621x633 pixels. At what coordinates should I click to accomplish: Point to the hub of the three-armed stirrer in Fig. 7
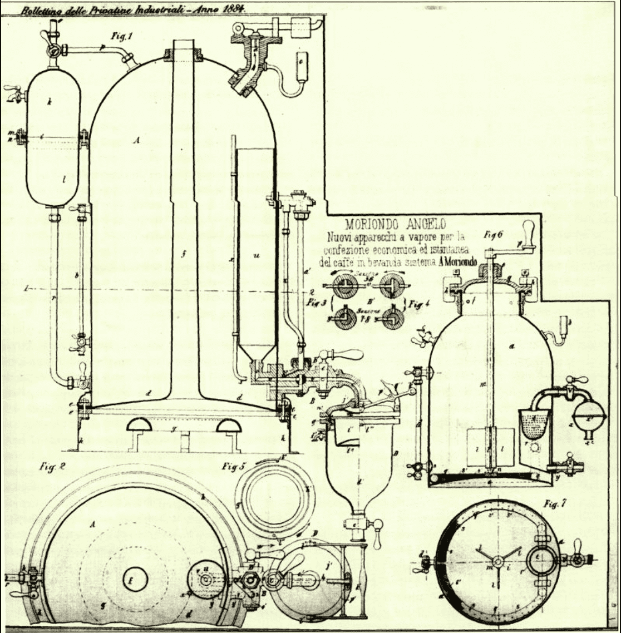tap(496, 562)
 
